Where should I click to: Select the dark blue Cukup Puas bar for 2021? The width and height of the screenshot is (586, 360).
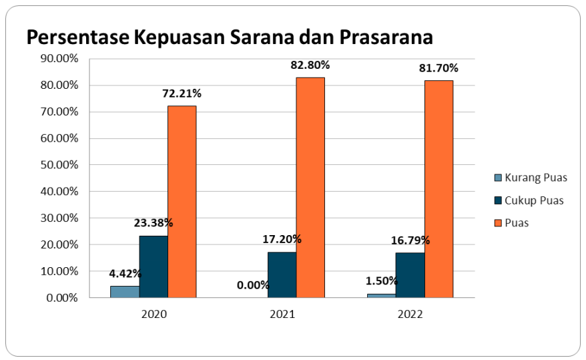(x=282, y=275)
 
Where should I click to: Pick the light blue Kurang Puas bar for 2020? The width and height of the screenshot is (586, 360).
(x=125, y=292)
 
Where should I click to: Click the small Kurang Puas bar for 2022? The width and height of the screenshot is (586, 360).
(x=381, y=295)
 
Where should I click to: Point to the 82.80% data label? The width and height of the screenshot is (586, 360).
(x=310, y=65)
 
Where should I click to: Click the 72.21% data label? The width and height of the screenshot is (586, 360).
(x=182, y=94)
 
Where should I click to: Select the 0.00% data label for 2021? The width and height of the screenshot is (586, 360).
(x=253, y=285)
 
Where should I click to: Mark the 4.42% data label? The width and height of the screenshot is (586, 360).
(x=125, y=273)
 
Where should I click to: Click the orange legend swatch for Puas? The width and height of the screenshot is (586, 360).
(x=497, y=223)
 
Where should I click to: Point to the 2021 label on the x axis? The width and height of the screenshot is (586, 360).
(x=282, y=313)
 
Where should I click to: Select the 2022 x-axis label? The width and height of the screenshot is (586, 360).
(x=410, y=313)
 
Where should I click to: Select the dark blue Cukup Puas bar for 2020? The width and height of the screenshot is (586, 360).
(x=154, y=266)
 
